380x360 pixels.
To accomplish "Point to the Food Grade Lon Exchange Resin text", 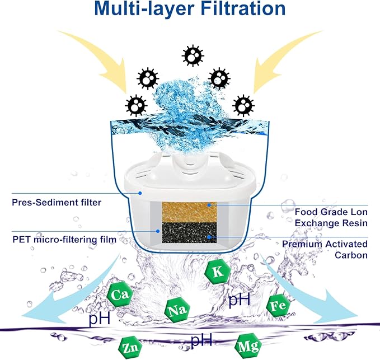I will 331,218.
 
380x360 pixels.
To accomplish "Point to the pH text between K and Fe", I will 238,300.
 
